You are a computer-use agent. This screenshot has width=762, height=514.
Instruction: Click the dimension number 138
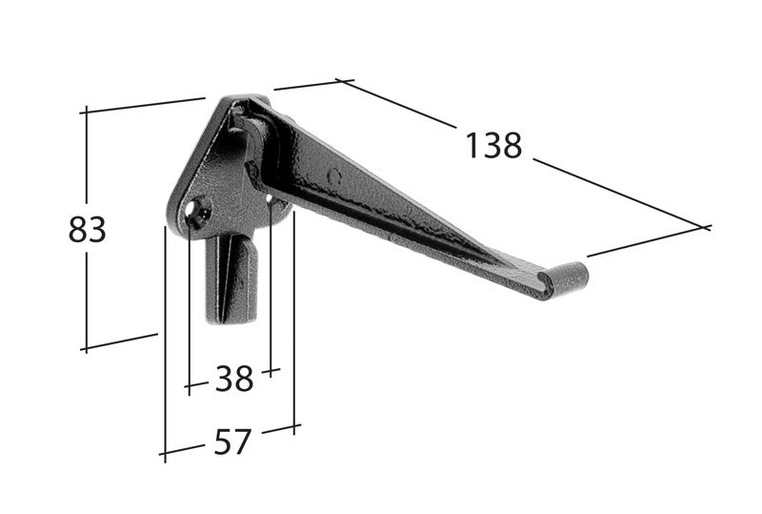pyautogui.click(x=493, y=146)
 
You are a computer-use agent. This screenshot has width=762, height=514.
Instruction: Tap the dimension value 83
pyautogui.click(x=88, y=230)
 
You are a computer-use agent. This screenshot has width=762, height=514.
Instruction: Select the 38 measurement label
pyautogui.click(x=234, y=379)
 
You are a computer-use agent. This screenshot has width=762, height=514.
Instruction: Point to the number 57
pyautogui.click(x=232, y=442)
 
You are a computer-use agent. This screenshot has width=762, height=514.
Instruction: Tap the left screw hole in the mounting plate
pyautogui.click(x=198, y=213)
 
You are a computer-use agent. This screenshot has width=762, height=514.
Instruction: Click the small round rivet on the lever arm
pyautogui.click(x=333, y=176)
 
